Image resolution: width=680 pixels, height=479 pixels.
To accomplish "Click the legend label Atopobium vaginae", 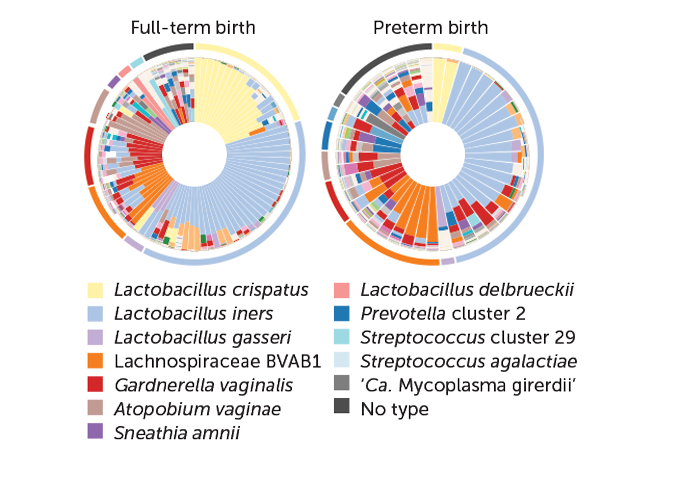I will tap(197, 409).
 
